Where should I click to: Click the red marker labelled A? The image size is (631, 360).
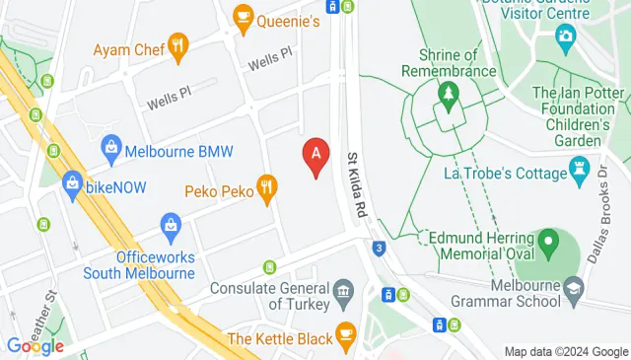pyautogui.click(x=315, y=156)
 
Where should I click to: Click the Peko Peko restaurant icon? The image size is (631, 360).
pyautogui.click(x=265, y=185)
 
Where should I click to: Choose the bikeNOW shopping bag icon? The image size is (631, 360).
pyautogui.click(x=71, y=182)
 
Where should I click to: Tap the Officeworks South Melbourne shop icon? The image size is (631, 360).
pyautogui.click(x=171, y=225)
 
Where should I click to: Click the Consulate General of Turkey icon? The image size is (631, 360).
pyautogui.click(x=343, y=290)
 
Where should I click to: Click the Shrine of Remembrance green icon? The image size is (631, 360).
pyautogui.click(x=450, y=95)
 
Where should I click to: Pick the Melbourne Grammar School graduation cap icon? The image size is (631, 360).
pyautogui.click(x=574, y=286)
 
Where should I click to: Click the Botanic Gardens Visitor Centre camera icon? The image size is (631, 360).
pyautogui.click(x=566, y=39)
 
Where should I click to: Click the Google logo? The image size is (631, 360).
pyautogui.click(x=35, y=345)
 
